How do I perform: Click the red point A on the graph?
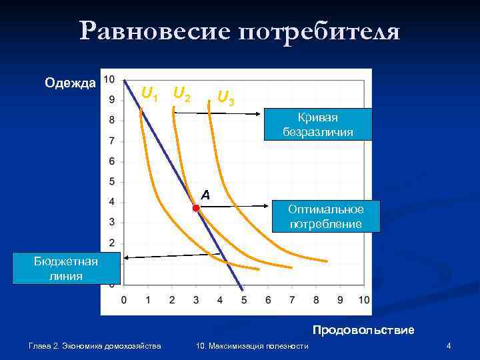pos(196,208)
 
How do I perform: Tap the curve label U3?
pos(226,98)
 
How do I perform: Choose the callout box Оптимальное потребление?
pos(326,216)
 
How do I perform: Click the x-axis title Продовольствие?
pos(363,330)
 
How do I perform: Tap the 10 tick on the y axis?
pos(109,79)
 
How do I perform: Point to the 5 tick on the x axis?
pos(244,301)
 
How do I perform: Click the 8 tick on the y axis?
pos(111,120)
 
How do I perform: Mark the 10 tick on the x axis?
pos(364,301)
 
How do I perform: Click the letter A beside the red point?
pos(205,195)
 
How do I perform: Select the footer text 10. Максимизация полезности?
pos(253,345)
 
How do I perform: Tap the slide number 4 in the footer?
pos(449,345)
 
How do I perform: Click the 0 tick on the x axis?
pos(124,301)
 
